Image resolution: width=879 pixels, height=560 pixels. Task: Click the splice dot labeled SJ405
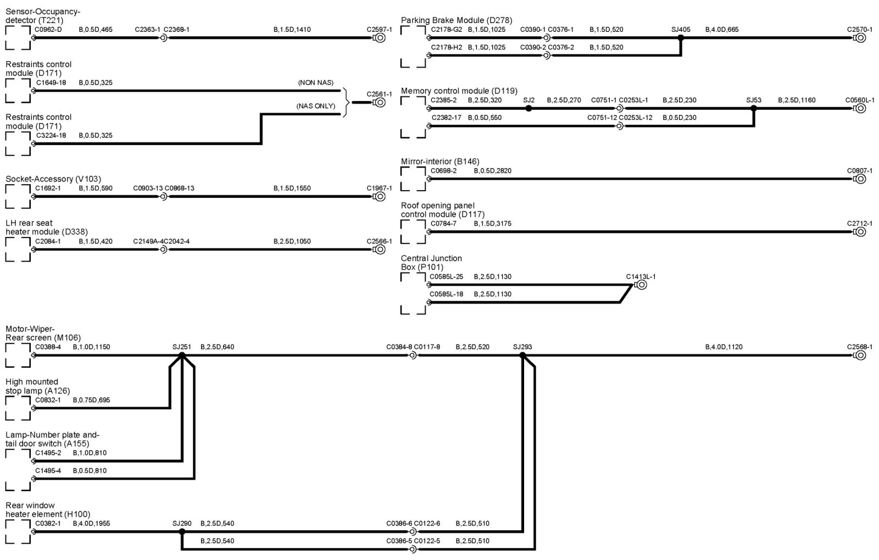pyautogui.click(x=681, y=38)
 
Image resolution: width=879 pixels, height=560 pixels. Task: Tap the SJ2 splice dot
pyautogui.click(x=528, y=108)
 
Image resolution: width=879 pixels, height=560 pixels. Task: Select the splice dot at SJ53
pyautogui.click(x=754, y=108)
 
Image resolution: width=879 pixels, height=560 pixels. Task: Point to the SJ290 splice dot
pyautogui.click(x=182, y=531)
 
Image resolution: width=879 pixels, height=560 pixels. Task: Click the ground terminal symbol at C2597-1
pyautogui.click(x=379, y=38)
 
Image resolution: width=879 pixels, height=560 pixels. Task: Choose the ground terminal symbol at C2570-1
pyautogui.click(x=860, y=38)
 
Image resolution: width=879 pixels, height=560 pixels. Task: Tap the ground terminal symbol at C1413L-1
pyautogui.click(x=641, y=285)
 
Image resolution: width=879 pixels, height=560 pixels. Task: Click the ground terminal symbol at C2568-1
pyautogui.click(x=860, y=355)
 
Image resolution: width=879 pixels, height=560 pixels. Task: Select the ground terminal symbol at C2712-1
pyautogui.click(x=860, y=231)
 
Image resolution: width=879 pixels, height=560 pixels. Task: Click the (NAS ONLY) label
pyautogui.click(x=315, y=106)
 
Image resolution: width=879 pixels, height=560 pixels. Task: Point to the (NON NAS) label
pyautogui.click(x=315, y=82)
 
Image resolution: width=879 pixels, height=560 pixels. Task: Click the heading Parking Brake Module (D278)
pyautogui.click(x=457, y=20)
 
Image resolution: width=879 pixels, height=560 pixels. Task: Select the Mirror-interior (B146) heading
pyautogui.click(x=440, y=161)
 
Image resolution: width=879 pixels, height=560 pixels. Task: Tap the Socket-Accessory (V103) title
pyautogui.click(x=53, y=179)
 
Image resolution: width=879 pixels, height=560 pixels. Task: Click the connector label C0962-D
pyautogui.click(x=49, y=30)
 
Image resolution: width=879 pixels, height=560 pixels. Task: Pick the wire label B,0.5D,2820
pyautogui.click(x=492, y=170)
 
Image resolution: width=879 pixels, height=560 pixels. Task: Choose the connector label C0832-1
pyautogui.click(x=48, y=400)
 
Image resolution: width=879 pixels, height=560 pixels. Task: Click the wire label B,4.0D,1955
pyautogui.click(x=91, y=523)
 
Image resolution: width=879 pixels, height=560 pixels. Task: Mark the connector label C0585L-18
pyautogui.click(x=446, y=294)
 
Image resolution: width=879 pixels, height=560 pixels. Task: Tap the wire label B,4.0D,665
pyautogui.click(x=722, y=30)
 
